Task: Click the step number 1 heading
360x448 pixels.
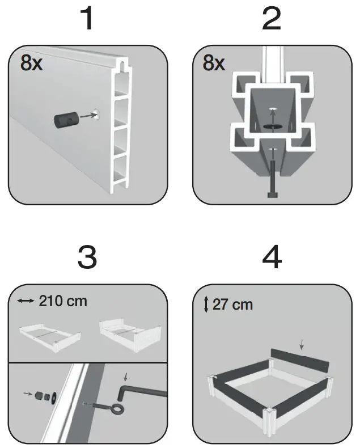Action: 86,20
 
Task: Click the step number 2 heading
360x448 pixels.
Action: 272,20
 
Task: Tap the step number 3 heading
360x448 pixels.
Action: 86,257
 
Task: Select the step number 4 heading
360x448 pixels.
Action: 273,257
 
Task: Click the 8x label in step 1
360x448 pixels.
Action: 31,64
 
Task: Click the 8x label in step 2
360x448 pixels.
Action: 214,64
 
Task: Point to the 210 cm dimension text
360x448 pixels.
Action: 63,301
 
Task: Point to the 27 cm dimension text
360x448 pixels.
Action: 232,305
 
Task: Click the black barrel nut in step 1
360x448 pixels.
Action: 64,121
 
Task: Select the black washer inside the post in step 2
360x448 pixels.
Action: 272,127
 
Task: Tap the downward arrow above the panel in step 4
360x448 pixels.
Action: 302,344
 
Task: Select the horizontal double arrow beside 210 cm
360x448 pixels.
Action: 26,301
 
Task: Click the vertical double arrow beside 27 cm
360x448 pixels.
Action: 206,305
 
